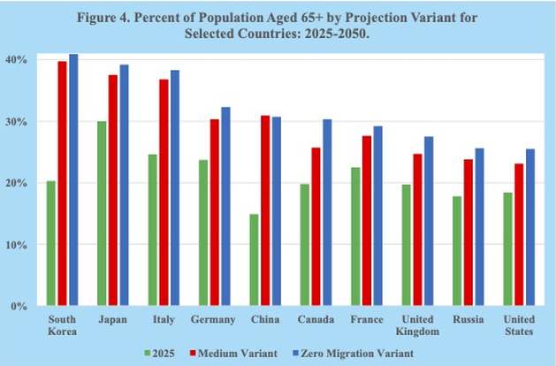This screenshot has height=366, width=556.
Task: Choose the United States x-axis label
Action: [519, 324]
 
